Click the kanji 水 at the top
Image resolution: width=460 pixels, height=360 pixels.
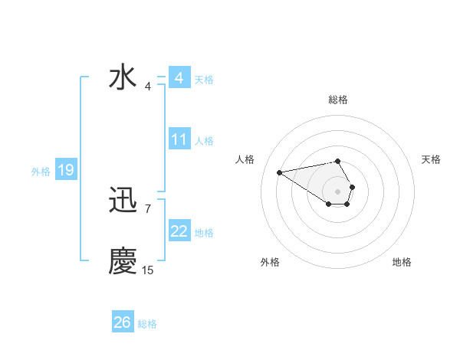(x=123, y=79)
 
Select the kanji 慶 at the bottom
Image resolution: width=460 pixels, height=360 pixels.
(x=123, y=261)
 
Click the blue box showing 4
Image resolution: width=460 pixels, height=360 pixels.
(x=179, y=78)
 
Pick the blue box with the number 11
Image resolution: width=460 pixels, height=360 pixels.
(x=179, y=139)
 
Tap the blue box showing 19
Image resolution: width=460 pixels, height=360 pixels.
(x=66, y=170)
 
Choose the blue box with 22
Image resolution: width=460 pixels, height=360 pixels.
(x=179, y=231)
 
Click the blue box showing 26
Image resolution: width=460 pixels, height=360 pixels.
(x=122, y=322)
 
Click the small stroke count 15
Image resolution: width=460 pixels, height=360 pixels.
(x=147, y=270)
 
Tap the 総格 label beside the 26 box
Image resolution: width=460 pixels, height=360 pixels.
(x=147, y=324)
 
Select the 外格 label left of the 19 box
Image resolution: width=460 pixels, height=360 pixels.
(x=41, y=172)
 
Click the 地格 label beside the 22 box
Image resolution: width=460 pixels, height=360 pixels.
(x=204, y=233)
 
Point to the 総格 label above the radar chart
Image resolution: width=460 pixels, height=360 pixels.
(x=338, y=100)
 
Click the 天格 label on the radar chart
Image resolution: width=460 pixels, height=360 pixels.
(x=431, y=159)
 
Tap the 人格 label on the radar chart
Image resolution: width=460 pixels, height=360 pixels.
(x=245, y=159)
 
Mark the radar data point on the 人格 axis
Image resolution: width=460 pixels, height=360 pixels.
(x=279, y=172)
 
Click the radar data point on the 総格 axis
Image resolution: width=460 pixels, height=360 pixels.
(x=338, y=161)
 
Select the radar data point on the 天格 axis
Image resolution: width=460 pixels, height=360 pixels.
(x=352, y=187)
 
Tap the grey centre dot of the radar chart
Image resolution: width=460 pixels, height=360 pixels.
(x=338, y=191)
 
